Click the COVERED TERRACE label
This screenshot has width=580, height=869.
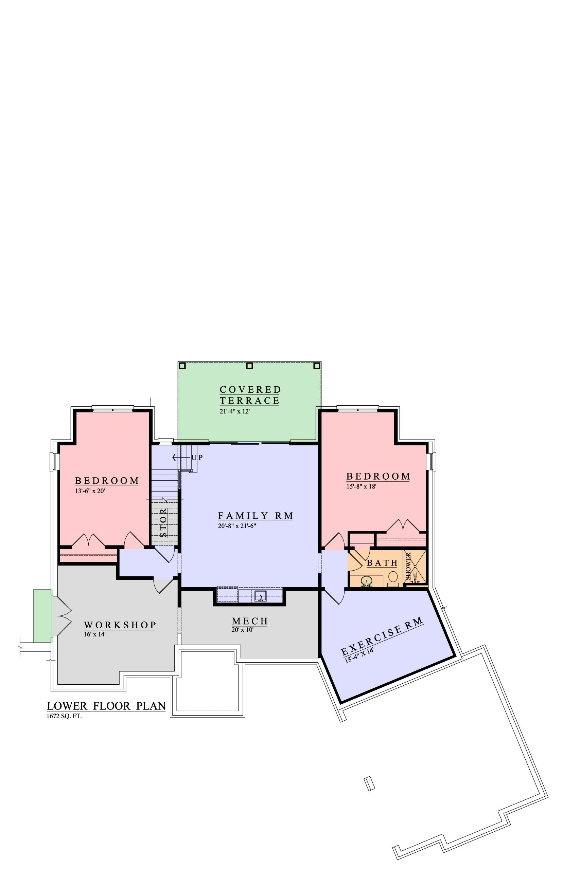250,395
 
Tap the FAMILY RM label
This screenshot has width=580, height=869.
256,515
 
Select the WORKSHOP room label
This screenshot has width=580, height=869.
120,625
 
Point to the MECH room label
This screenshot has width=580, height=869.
250,621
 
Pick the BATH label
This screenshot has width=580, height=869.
382,563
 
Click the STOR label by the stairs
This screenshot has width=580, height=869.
163,523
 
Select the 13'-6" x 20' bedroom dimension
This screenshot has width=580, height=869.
90,491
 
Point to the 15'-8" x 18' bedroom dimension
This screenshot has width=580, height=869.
362,486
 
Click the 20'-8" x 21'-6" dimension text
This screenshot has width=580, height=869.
237,526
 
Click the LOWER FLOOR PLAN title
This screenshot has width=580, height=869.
106,706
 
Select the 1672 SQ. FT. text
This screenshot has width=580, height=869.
64,716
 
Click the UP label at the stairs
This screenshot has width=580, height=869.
197,457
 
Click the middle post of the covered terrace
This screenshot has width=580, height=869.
250,366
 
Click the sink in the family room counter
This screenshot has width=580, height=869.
261,596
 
